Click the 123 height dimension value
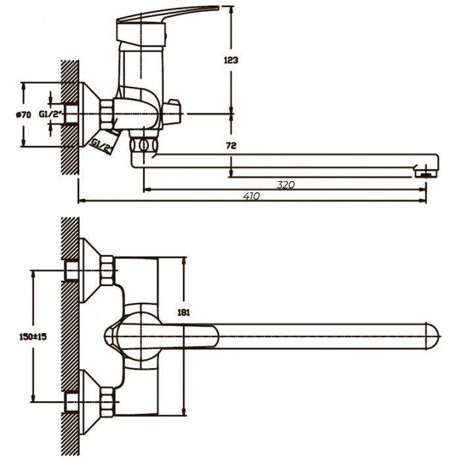(230, 61)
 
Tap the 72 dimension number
(231, 146)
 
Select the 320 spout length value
(285, 185)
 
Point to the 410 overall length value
(252, 196)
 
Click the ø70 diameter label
(23, 115)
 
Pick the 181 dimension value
(184, 313)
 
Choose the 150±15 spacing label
(33, 337)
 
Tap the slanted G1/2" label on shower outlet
(101, 146)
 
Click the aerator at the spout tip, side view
(426, 173)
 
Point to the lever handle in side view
(167, 14)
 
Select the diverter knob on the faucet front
(172, 113)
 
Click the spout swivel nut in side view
(144, 146)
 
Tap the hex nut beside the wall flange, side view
(107, 114)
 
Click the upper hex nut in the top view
(107, 271)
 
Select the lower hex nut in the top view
(107, 402)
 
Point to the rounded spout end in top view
(433, 336)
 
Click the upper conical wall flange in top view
(90, 270)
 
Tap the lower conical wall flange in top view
(90, 402)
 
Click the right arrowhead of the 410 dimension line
(423, 201)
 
